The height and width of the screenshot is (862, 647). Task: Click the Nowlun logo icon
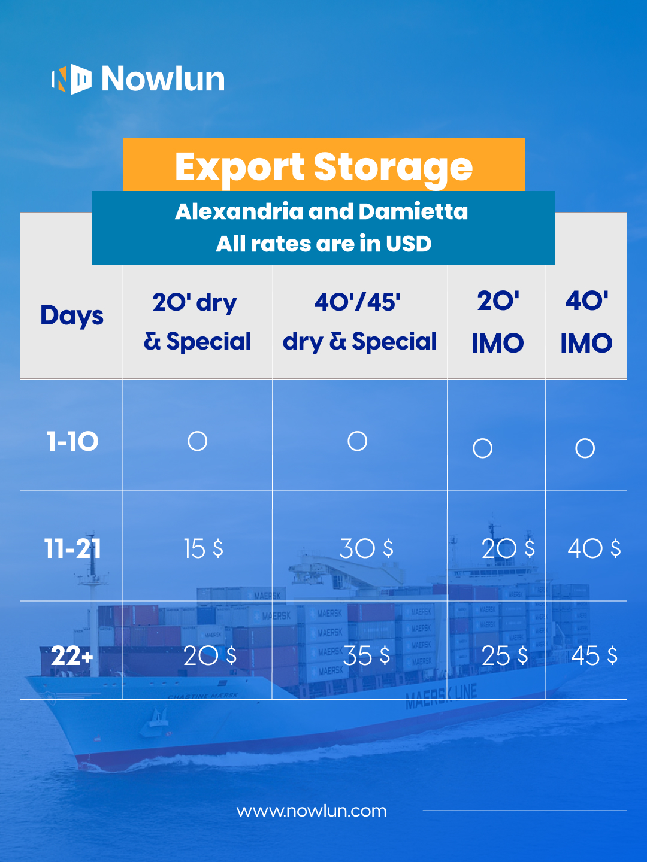pos(72,80)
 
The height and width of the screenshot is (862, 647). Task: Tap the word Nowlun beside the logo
pos(163,79)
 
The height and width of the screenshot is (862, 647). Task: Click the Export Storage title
pos(323,167)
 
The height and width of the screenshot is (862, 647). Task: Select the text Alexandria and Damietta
pos(321,211)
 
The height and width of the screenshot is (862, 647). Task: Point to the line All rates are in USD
pos(323,244)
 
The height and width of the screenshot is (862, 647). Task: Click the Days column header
pos(72,316)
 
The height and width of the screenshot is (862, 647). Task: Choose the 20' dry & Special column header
pos(197,322)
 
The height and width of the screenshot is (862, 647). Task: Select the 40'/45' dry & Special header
pos(359,322)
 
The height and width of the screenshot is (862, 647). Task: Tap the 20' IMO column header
pos(498,322)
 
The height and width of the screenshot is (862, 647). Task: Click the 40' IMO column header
pos(586,322)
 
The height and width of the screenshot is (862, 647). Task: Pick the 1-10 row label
pos(72,441)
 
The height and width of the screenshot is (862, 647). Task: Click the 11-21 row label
pos(72,548)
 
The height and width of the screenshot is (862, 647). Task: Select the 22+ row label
pos(72,656)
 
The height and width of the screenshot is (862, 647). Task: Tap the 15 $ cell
pos(204,548)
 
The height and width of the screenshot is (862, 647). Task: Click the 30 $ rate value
pos(366,548)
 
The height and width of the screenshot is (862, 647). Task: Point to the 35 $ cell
pos(367,656)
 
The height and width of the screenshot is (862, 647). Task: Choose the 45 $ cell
pos(594,656)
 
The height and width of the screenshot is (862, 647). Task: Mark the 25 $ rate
pos(505,656)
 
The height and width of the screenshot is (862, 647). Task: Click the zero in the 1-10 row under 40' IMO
pos(585,439)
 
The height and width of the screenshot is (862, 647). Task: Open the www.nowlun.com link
pos(312,811)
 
